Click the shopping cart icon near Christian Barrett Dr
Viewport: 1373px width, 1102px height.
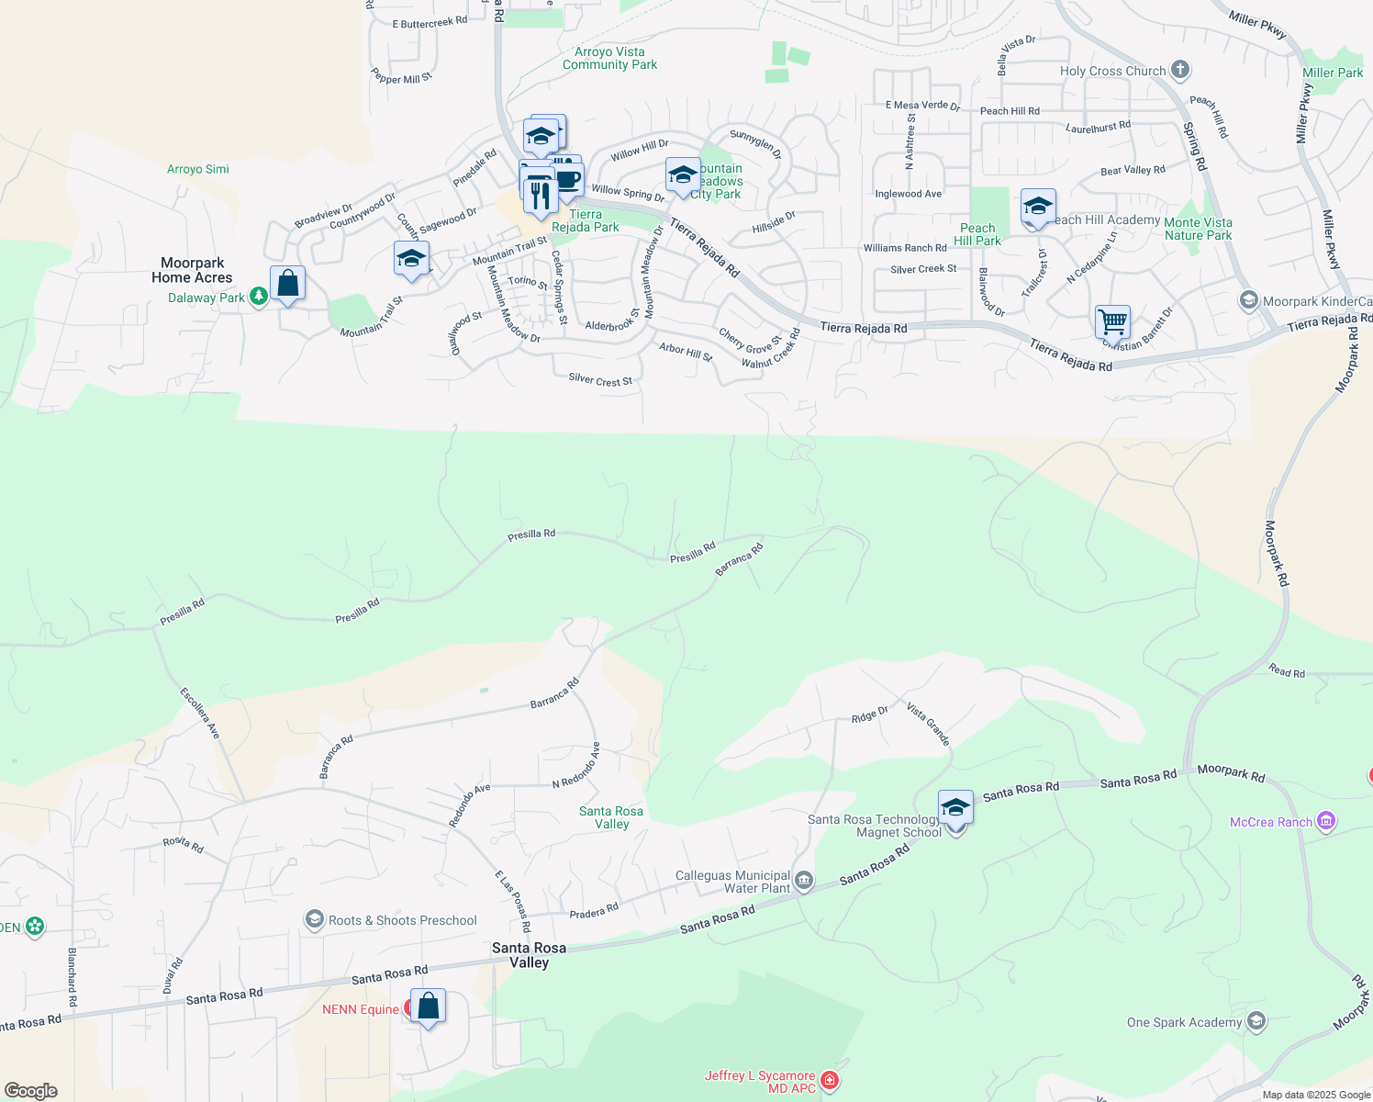[x=1112, y=323]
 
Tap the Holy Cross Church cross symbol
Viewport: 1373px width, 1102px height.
[x=1180, y=70]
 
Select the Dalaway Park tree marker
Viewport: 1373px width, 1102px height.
[x=259, y=297]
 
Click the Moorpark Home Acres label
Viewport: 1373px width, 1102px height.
[x=192, y=270]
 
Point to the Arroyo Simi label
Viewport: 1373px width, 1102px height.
[x=198, y=169]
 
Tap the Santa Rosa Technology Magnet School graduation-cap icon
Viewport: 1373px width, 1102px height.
[x=955, y=808]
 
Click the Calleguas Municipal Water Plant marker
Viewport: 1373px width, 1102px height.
[x=804, y=882]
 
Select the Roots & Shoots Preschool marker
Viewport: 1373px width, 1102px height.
[x=315, y=919]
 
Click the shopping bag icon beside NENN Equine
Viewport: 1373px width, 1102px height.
[x=428, y=1006]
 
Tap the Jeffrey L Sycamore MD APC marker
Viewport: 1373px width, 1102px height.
[x=830, y=1080]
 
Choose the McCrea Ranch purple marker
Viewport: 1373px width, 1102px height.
[x=1325, y=821]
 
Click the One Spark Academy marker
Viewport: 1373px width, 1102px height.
[x=1256, y=1021]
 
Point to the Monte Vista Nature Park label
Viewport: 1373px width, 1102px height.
[x=1198, y=229]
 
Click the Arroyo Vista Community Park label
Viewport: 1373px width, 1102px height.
[x=609, y=59]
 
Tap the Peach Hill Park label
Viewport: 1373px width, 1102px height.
[x=977, y=234]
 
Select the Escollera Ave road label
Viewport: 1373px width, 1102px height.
[x=200, y=713]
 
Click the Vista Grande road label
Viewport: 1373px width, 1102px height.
[x=928, y=724]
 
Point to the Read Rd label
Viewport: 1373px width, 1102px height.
[x=1287, y=672]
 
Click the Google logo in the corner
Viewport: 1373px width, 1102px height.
[x=31, y=1091]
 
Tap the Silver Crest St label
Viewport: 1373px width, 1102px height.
[x=600, y=380]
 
